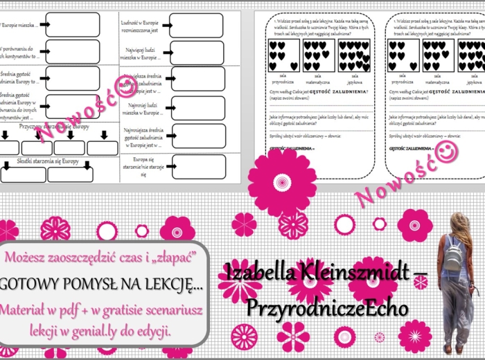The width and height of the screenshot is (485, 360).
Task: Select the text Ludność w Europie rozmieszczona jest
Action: click(x=143, y=25)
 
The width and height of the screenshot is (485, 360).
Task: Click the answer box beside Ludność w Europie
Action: click(x=197, y=24)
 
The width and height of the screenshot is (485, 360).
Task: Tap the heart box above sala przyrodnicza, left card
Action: click(x=284, y=55)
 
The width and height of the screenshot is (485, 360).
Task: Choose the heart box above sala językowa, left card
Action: click(x=354, y=55)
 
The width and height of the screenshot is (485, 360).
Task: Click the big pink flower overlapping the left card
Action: click(x=282, y=181)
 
